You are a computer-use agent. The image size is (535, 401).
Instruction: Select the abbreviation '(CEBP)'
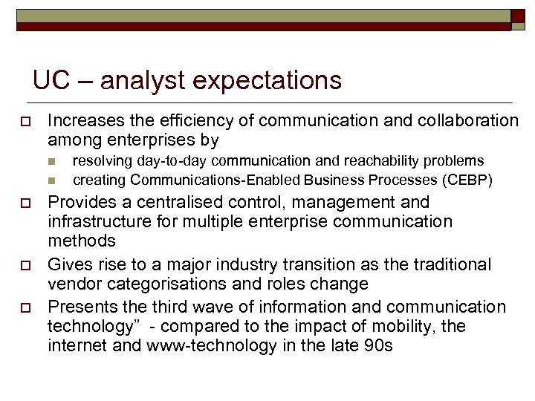click(468, 180)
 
